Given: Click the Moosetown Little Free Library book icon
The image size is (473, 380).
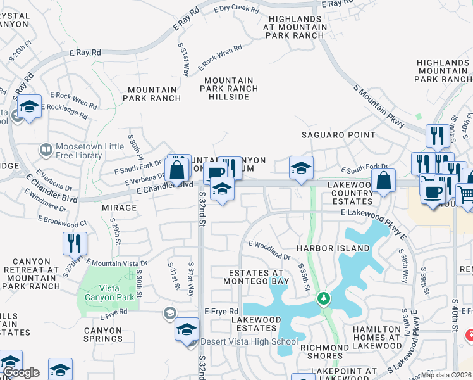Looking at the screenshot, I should [46, 150].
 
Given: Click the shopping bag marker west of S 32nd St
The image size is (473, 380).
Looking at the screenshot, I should [177, 170].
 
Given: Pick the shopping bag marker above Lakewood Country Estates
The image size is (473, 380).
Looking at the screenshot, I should [384, 180].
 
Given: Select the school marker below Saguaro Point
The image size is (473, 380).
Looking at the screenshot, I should [302, 168].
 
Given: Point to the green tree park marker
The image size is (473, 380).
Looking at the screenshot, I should [324, 297].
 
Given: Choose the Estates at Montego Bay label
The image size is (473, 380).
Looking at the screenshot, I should [259, 276].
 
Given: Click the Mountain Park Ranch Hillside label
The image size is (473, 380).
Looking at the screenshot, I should [229, 85].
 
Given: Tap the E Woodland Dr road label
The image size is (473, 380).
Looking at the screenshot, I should [269, 250].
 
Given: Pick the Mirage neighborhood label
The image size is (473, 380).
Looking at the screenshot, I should [119, 208].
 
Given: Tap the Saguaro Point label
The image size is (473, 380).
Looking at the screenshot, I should [338, 135].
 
